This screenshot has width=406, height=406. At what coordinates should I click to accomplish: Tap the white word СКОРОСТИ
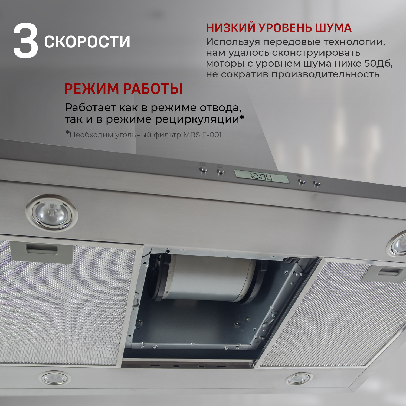coord(87,42)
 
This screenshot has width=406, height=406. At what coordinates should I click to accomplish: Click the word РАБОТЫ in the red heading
coord(153,89)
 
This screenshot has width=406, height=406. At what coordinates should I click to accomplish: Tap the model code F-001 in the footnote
coord(212,135)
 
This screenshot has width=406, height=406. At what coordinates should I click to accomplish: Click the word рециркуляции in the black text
coord(199,119)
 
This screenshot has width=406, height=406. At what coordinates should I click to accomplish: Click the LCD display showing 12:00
coord(261,176)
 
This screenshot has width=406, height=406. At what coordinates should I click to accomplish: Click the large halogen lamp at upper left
coord(52,213)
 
